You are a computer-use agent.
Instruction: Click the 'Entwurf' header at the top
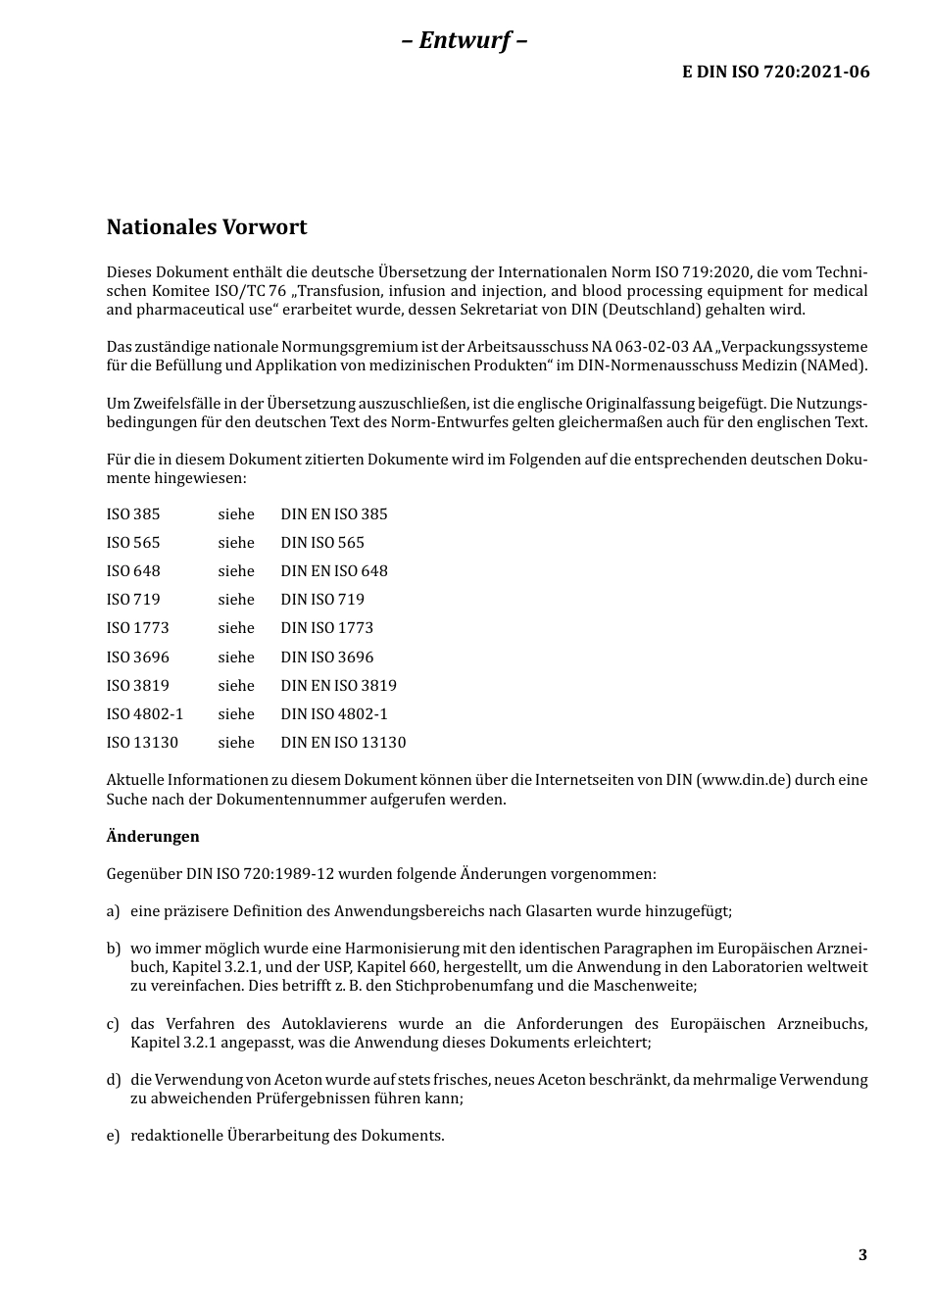pos(465,40)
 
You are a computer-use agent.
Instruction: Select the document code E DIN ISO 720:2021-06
pos(775,72)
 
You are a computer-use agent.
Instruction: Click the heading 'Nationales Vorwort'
pos(207,227)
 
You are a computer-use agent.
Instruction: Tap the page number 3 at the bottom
pos(862,1255)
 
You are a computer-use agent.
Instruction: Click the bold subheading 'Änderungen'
pos(153,837)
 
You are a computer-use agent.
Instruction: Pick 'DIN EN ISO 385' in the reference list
pos(334,514)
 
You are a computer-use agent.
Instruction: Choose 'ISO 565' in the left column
pos(133,543)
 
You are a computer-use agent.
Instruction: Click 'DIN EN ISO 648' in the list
pos(334,571)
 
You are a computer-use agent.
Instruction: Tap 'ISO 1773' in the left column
pos(138,628)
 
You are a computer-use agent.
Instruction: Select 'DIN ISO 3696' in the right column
pos(327,658)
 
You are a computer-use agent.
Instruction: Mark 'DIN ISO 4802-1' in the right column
pos(334,714)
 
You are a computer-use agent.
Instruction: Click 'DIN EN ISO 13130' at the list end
pos(343,743)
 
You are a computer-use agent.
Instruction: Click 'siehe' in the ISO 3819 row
pos(236,686)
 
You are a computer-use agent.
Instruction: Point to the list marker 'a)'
pos(113,911)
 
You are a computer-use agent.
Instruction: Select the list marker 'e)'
pos(113,1136)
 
